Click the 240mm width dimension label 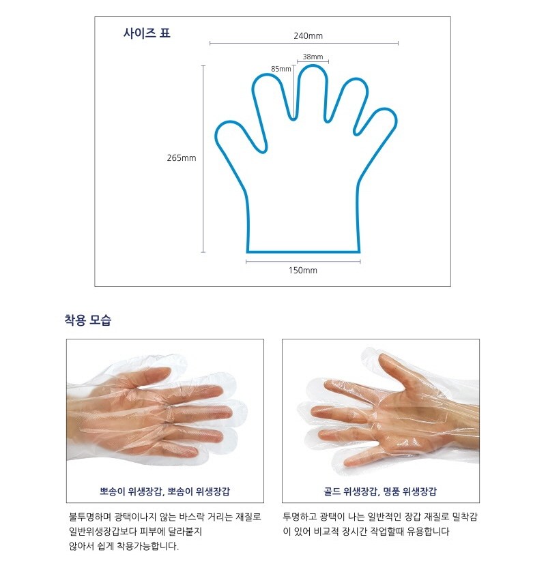pos(308,35)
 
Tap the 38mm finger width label pos(313,57)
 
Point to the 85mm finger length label pos(281,69)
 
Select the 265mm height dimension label pos(182,157)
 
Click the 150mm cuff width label pos(303,270)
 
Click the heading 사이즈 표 pos(147,33)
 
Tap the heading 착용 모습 pos(88,320)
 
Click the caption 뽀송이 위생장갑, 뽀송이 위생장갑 pos(164,491)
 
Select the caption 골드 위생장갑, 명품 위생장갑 pos(380,491)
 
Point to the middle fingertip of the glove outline pos(313,65)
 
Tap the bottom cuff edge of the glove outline pos(303,252)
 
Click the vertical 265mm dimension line pos(203,159)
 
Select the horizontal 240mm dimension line pos(304,43)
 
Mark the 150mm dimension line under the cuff pos(303,262)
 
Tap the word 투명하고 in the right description pos(299,517)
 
